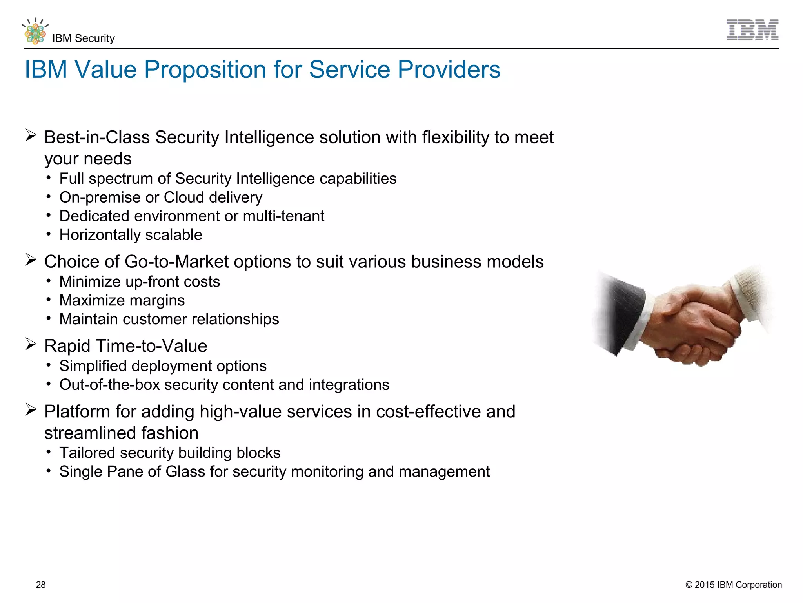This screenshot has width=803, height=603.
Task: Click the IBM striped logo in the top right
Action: [752, 30]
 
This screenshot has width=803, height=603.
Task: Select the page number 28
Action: [41, 585]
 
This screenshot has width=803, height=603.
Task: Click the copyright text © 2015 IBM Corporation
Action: [733, 585]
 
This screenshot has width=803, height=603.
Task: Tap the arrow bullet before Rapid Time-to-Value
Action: [31, 344]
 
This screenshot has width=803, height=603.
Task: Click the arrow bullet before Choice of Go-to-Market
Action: [31, 260]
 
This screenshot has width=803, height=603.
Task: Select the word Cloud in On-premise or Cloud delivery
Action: [184, 197]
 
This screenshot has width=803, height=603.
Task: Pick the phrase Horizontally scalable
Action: [131, 235]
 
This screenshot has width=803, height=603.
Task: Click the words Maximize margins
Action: [122, 301]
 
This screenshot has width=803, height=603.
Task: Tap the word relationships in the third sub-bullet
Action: [235, 319]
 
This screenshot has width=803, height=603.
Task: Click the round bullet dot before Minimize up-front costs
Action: [48, 281]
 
